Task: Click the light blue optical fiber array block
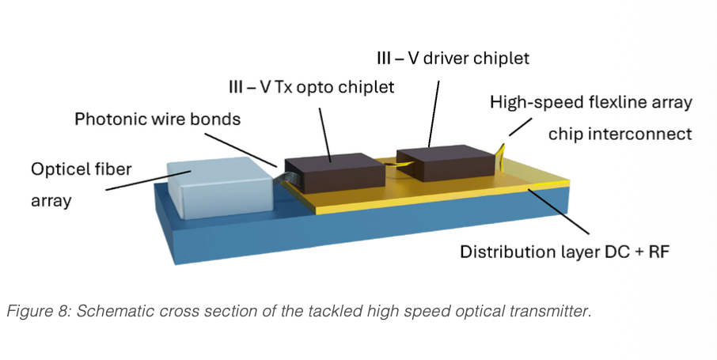coord(219,187)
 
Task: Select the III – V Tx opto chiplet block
coord(335,173)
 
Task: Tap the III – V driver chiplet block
coord(446,162)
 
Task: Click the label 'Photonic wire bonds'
coord(157,119)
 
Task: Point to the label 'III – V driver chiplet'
coord(453,58)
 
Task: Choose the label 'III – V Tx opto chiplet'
coord(311,86)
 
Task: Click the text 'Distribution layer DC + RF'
coord(565,252)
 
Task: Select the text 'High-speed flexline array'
coord(591,102)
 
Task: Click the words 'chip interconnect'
coord(620,134)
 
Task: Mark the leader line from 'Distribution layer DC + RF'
coord(558,211)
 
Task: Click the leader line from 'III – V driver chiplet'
coord(434,114)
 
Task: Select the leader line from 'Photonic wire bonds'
coord(241,150)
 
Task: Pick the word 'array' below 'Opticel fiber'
coord(51,201)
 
